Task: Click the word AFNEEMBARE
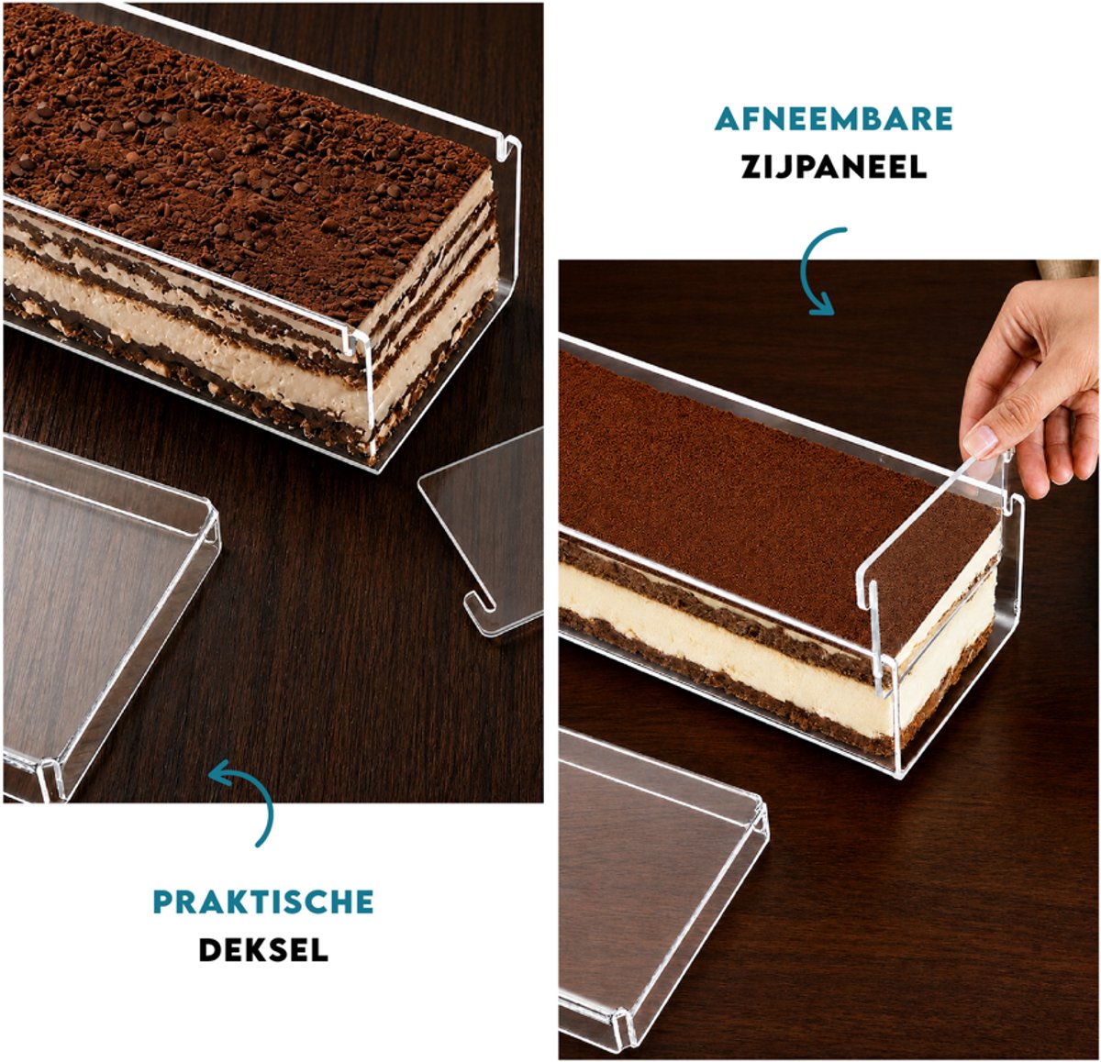coord(833,118)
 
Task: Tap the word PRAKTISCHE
coord(263,902)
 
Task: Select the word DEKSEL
coord(263,949)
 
